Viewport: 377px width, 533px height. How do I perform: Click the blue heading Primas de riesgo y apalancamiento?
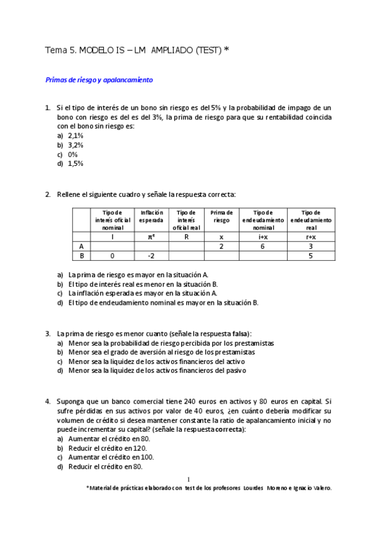click(x=99, y=80)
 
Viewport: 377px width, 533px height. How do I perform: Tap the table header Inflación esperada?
click(x=151, y=217)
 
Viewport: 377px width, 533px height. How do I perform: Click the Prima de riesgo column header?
click(x=222, y=217)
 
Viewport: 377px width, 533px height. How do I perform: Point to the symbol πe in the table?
click(x=151, y=237)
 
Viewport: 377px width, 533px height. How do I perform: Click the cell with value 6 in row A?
click(x=262, y=247)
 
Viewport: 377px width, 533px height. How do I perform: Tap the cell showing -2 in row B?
click(x=151, y=256)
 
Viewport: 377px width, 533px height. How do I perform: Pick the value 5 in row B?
click(x=310, y=256)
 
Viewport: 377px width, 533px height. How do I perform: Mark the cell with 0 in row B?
click(x=112, y=256)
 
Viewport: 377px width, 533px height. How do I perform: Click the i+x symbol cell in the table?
click(x=262, y=237)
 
